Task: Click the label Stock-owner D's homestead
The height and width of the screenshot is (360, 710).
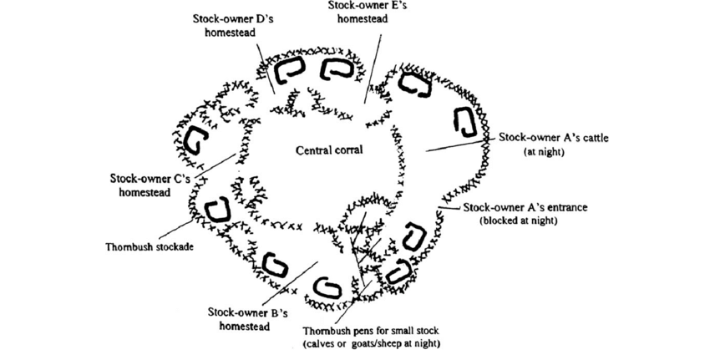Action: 224,24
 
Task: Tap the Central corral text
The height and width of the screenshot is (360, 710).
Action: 327,151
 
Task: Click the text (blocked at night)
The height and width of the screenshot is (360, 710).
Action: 518,221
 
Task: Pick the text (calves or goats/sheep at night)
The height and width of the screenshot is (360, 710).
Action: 372,344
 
